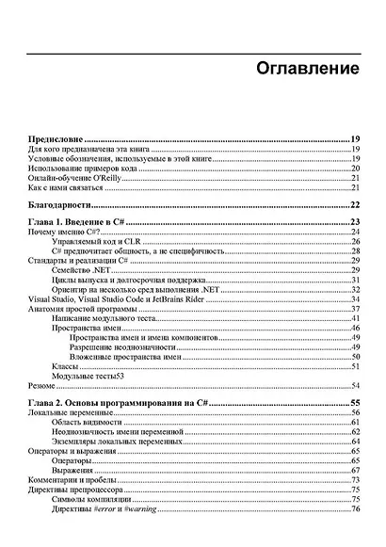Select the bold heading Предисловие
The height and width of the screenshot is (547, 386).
[x=54, y=137]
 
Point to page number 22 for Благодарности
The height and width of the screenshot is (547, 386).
[x=356, y=205]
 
